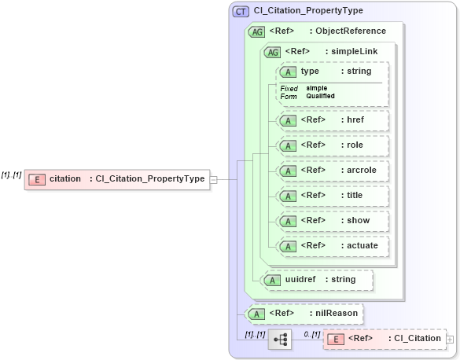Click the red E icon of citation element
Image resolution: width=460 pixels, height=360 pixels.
[36, 179]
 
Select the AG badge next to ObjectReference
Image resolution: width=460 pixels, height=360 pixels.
[256, 31]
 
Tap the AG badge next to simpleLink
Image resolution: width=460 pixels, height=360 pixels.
[272, 52]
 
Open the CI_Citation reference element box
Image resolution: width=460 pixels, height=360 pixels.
[384, 339]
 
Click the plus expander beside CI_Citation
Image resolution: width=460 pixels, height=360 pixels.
[450, 339]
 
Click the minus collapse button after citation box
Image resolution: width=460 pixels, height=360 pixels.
[213, 179]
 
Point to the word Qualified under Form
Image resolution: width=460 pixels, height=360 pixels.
[320, 96]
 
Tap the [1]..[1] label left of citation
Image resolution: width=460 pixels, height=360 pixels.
[11, 174]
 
